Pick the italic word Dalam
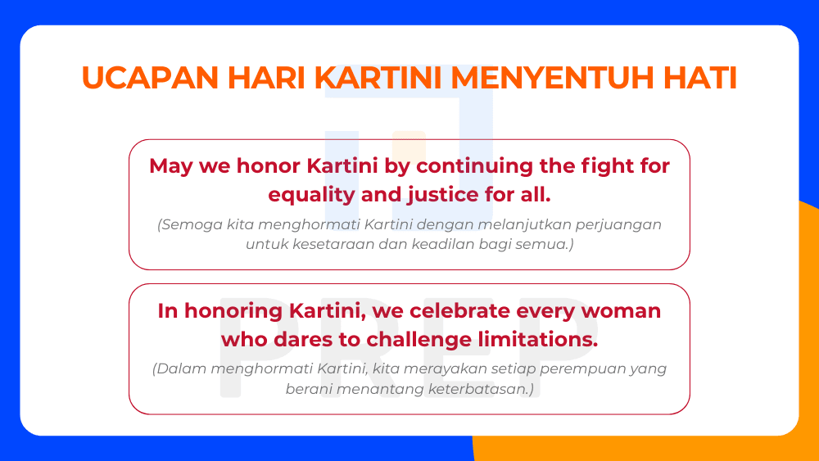[x=180, y=368]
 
